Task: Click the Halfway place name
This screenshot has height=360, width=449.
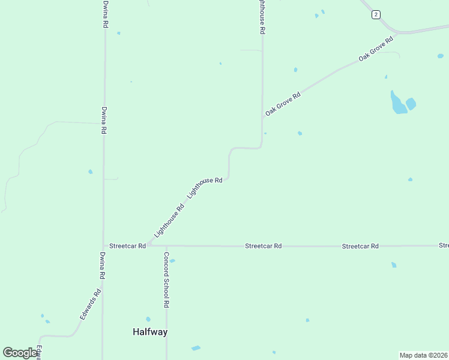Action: [149, 332]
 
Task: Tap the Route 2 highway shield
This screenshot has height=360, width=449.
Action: [376, 14]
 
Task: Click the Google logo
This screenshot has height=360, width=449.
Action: [20, 353]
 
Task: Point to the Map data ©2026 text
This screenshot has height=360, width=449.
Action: [423, 355]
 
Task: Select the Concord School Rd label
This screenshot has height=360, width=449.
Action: [166, 279]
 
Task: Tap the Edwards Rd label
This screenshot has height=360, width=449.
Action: [91, 303]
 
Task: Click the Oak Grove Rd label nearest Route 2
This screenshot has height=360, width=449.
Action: [376, 48]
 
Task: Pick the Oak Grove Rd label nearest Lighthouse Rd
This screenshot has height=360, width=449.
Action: [283, 103]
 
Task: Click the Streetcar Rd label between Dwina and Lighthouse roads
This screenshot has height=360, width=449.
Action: [127, 245]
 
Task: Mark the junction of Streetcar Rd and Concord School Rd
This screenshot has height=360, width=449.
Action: [166, 245]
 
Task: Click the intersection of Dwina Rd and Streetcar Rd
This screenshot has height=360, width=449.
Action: [103, 245]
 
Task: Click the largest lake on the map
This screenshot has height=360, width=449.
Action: [398, 103]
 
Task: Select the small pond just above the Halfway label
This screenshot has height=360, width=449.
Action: [148, 319]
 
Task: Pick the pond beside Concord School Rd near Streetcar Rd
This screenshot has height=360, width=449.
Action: [172, 261]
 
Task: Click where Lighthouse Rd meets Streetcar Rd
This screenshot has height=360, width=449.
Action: [148, 245]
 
